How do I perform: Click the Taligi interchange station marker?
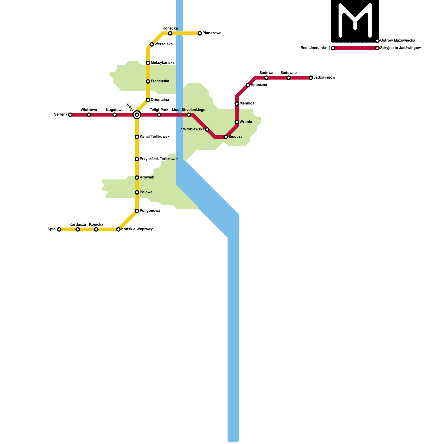point(137,115)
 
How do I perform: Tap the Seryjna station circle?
point(70,115)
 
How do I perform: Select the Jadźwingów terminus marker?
point(311,78)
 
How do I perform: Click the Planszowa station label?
point(212,33)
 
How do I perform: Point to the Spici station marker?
point(59,229)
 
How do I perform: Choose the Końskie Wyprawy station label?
point(137,229)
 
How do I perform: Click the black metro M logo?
point(355,21)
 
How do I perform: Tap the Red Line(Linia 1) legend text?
point(315,48)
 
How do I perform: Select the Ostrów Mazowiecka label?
point(398,41)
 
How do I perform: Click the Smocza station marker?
point(226,137)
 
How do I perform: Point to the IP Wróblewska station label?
point(191,129)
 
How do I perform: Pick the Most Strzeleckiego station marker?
point(189,115)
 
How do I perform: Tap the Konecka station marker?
point(170,33)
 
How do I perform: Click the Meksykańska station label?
point(163,63)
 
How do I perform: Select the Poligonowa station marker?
point(137,211)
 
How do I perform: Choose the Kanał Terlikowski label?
point(155,137)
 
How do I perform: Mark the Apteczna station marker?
point(248,85)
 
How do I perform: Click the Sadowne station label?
point(288,73)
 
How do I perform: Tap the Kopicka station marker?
point(96,229)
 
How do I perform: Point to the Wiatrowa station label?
point(89,110)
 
